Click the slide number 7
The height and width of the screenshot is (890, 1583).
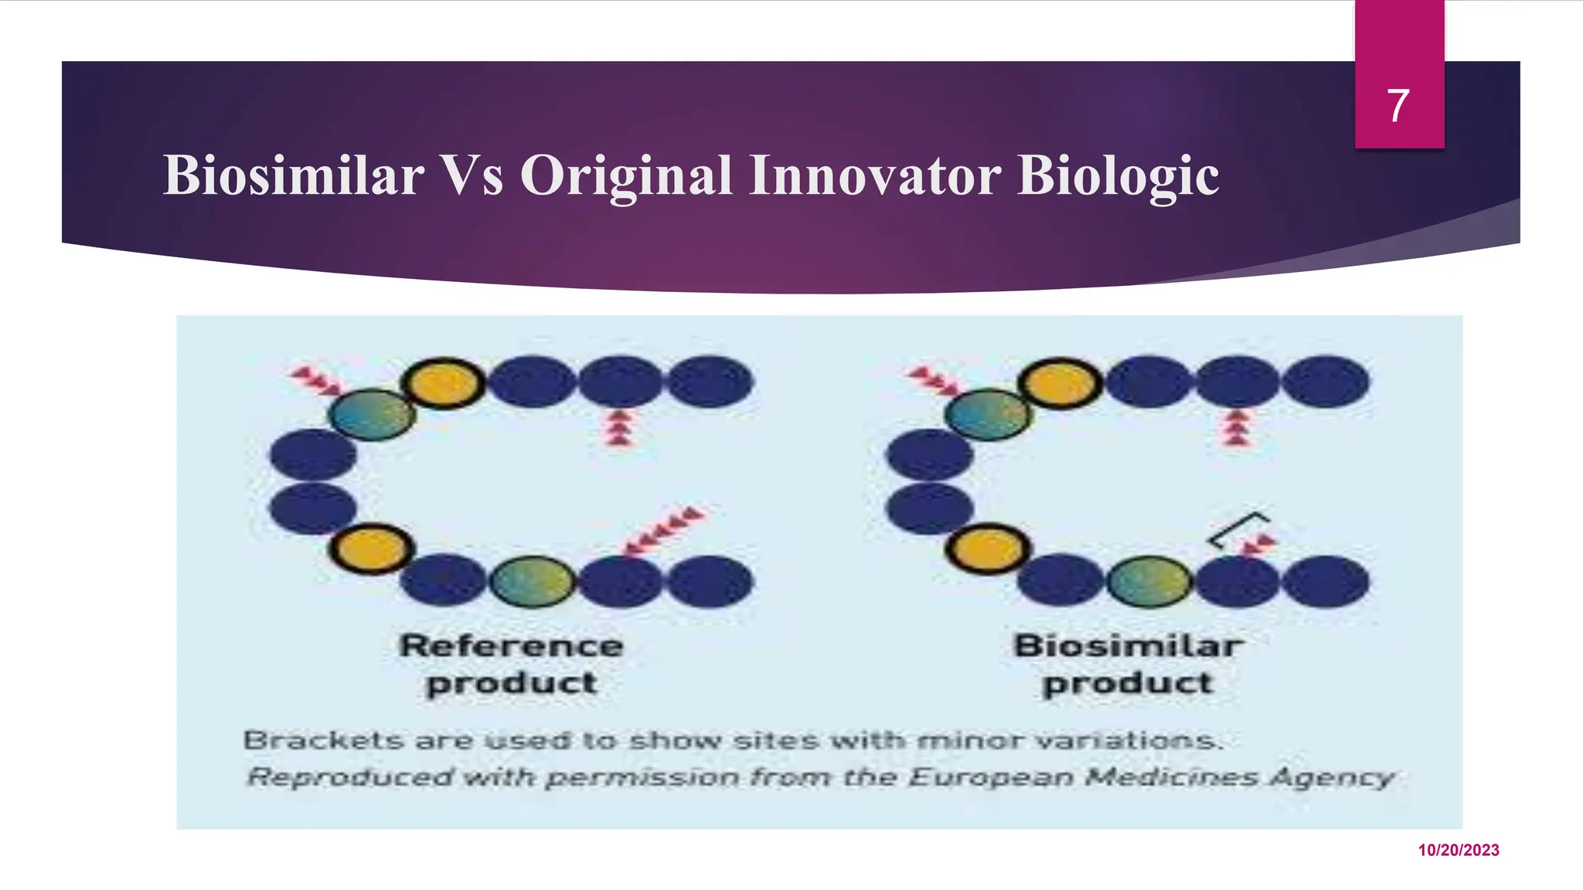point(1397,106)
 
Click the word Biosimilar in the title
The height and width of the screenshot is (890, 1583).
point(293,175)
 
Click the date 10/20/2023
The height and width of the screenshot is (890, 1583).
point(1459,851)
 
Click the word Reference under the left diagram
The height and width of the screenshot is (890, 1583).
point(511,646)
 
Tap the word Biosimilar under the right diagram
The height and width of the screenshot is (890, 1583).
point(1128,646)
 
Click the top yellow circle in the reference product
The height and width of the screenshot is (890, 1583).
point(443,383)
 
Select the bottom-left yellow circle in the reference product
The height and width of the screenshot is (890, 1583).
point(372,549)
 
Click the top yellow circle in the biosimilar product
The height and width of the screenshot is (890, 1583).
point(1060,383)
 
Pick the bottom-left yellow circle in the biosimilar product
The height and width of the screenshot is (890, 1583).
point(988,549)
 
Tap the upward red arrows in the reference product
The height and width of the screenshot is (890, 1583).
point(619,427)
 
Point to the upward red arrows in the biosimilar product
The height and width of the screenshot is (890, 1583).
point(1237,427)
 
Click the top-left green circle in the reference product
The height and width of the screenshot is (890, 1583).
point(372,414)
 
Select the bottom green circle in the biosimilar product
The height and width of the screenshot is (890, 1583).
point(1150,581)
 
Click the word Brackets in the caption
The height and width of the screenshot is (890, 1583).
point(324,741)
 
